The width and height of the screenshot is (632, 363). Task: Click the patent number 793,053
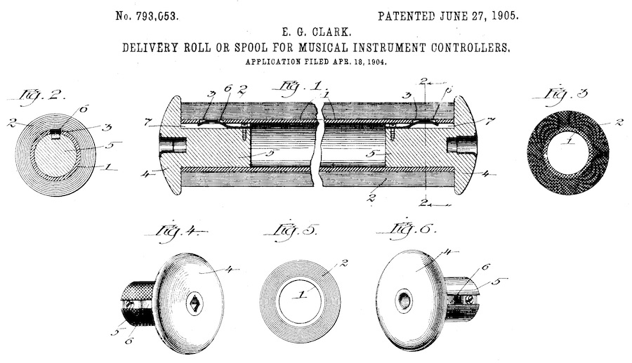tap(157, 16)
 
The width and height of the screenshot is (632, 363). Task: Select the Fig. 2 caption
tap(43, 97)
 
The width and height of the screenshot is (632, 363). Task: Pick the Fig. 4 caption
tap(178, 232)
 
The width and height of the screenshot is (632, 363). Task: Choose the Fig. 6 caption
tap(407, 229)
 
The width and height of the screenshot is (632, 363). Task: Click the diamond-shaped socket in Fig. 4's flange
tap(195, 303)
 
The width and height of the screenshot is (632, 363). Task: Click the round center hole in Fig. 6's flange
tap(404, 300)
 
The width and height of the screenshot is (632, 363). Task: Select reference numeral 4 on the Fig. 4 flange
tap(229, 270)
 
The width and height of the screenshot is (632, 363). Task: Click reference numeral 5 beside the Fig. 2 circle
tap(109, 145)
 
